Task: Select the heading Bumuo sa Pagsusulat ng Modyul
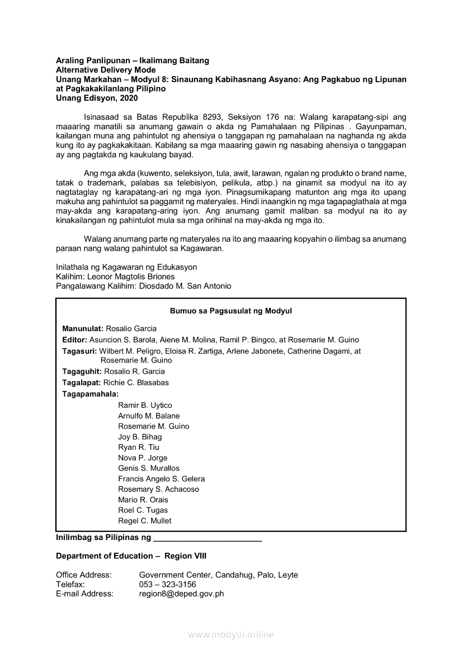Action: (x=231, y=311)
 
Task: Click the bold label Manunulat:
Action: (x=83, y=328)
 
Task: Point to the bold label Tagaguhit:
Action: (x=82, y=371)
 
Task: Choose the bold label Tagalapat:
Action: (x=82, y=383)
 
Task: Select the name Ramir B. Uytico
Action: (x=145, y=405)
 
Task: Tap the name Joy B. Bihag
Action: (x=140, y=437)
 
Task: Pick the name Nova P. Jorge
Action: (x=143, y=458)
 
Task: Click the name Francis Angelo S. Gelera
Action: (x=161, y=479)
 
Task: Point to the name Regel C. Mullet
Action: (x=145, y=521)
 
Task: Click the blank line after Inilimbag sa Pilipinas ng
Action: (x=207, y=538)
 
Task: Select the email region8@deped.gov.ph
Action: (x=181, y=594)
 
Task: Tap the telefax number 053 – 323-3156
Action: (x=167, y=585)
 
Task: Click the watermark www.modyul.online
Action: (x=231, y=635)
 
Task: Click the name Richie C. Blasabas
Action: (x=136, y=383)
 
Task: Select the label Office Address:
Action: (x=84, y=575)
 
